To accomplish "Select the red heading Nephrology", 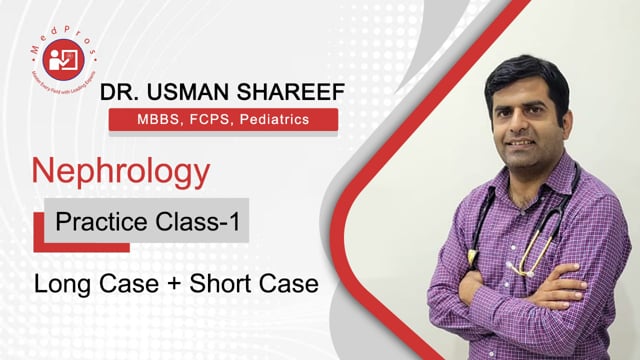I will tap(122, 171).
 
